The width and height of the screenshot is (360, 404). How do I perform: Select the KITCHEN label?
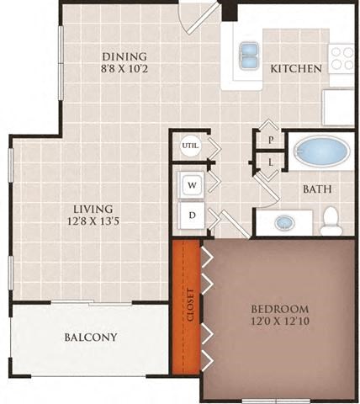pyautogui.click(x=295, y=68)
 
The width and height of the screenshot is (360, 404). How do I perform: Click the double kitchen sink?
pyautogui.click(x=249, y=56)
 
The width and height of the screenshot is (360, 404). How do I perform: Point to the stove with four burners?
pyautogui.click(x=341, y=57)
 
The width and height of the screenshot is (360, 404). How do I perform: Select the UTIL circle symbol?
pyautogui.click(x=191, y=145)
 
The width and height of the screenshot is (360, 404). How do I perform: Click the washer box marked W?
pyautogui.click(x=192, y=184)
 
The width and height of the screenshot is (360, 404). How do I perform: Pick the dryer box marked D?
pyautogui.click(x=192, y=215)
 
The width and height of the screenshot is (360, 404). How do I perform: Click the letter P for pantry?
pyautogui.click(x=271, y=140)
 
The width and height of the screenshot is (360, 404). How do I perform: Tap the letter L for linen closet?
pyautogui.click(x=271, y=161)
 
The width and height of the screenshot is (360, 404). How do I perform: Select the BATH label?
pyautogui.click(x=316, y=189)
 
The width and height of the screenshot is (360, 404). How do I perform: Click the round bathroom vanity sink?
pyautogui.click(x=285, y=223)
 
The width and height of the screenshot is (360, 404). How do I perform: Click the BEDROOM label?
pyautogui.click(x=280, y=309)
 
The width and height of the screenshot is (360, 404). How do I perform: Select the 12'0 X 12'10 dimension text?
pyautogui.click(x=280, y=322)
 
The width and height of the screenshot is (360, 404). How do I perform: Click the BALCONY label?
pyautogui.click(x=90, y=338)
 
